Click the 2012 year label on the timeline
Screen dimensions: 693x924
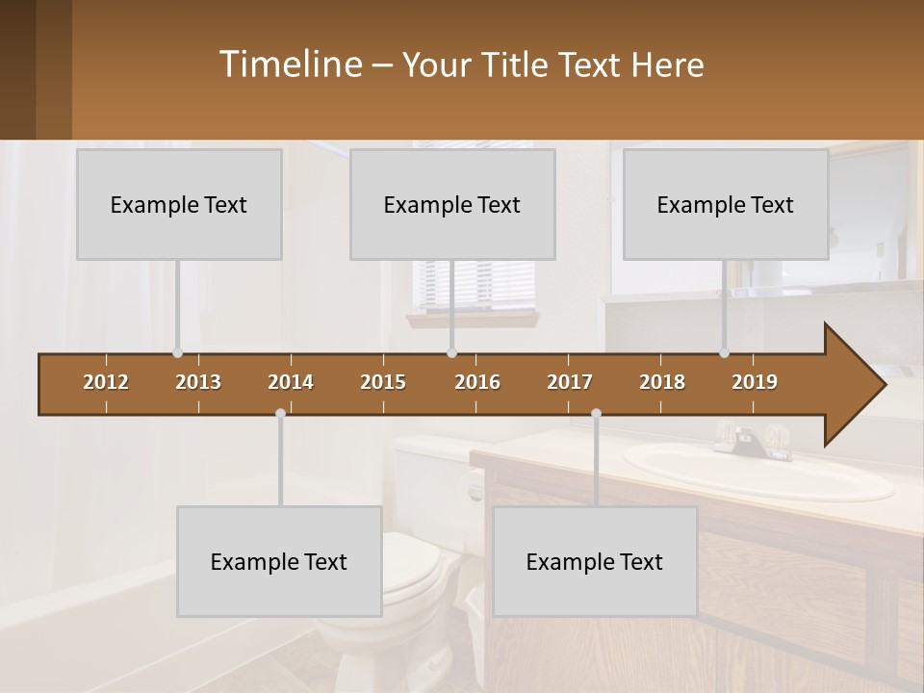(106, 382)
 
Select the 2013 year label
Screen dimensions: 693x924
(198, 382)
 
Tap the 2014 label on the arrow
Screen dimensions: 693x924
(291, 382)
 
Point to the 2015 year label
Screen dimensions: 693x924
(383, 382)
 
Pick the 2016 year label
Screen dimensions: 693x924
(477, 382)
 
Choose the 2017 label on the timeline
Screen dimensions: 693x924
(570, 382)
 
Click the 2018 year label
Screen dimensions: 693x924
(662, 382)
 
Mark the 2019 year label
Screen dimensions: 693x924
(755, 382)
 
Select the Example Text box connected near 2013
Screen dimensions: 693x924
(179, 204)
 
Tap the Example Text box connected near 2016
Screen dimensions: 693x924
(452, 204)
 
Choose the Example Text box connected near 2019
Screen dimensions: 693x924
(726, 204)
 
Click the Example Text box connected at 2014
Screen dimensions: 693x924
(279, 561)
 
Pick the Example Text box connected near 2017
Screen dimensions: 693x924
(595, 561)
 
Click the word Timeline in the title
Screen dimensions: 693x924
(289, 64)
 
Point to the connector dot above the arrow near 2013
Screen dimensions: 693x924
(177, 353)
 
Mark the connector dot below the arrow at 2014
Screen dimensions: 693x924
(280, 414)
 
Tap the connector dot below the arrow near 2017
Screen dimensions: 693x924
(596, 414)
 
